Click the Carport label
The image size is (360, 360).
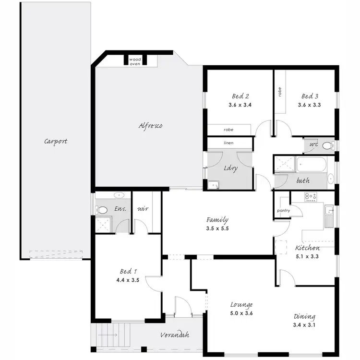(56, 142)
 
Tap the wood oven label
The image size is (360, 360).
(135, 61)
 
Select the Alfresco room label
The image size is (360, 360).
(150, 126)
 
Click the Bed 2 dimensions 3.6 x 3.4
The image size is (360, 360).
(240, 105)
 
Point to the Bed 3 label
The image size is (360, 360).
(310, 96)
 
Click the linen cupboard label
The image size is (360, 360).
(229, 143)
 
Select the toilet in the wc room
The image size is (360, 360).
(327, 145)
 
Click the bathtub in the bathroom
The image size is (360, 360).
(311, 166)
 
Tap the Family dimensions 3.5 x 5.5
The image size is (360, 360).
(217, 229)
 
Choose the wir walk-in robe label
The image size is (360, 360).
(143, 209)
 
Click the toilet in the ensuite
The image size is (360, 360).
(101, 209)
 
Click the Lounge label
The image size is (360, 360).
(241, 304)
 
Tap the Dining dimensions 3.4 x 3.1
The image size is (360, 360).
(304, 325)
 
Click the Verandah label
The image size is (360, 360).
(174, 335)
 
